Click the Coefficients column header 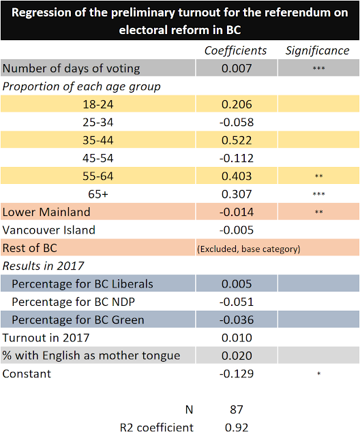click(235, 51)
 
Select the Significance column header click(317, 51)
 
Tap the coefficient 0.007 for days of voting click(237, 68)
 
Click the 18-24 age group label click(98, 104)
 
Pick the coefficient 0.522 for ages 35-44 click(237, 140)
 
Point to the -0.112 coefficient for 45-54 click(237, 159)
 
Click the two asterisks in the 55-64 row click(319, 176)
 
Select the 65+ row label click(98, 194)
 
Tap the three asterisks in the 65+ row click(319, 194)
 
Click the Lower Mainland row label click(46, 212)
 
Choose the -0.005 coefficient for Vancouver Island click(237, 230)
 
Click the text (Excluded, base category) click(249, 249)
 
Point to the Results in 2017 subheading click(43, 266)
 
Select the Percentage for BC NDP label click(74, 302)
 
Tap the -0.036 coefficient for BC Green click(237, 320)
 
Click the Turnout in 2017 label click(46, 338)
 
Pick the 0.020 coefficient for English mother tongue click(237, 356)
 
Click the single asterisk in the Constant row click(319, 373)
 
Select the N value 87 click(237, 410)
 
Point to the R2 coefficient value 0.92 click(237, 428)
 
